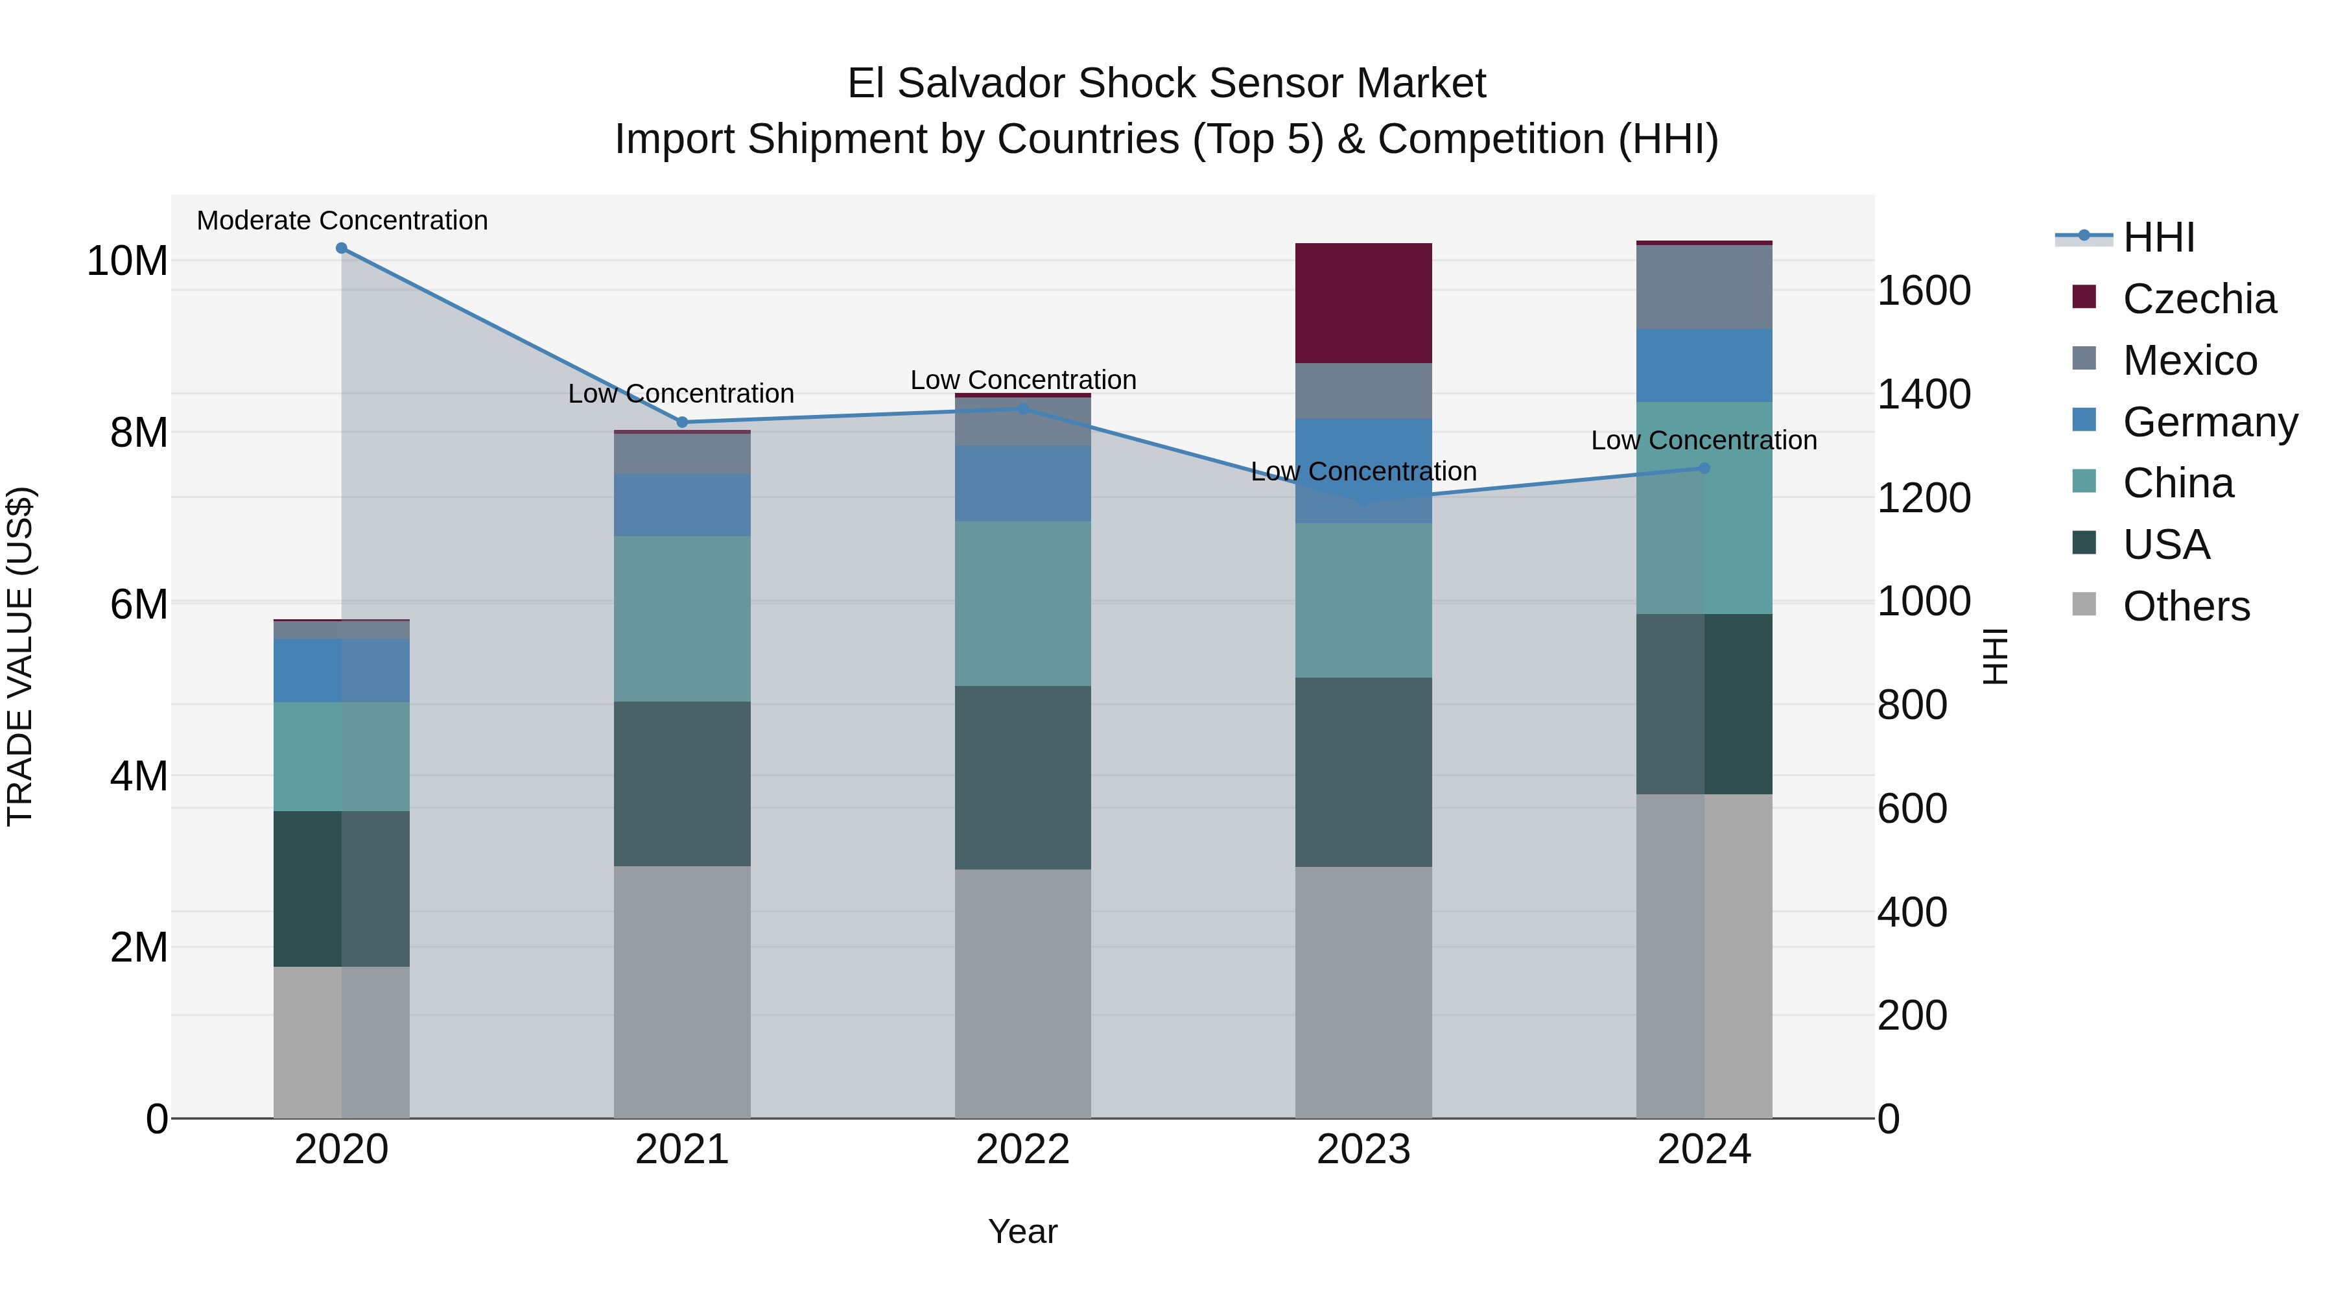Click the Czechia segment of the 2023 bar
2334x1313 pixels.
tap(1363, 303)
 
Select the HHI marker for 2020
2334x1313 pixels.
tap(342, 248)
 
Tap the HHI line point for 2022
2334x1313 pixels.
tap(1023, 408)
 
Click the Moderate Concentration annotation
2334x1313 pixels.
tap(342, 220)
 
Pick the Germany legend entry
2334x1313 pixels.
tap(2209, 422)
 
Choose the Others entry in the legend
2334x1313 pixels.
tap(2186, 606)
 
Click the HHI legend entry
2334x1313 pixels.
tap(2158, 237)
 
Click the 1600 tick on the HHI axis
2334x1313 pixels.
tap(1924, 291)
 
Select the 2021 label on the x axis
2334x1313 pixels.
tap(681, 1150)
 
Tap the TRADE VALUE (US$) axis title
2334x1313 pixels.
tap(21, 656)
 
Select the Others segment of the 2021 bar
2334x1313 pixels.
tap(681, 991)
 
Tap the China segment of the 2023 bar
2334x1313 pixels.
tap(1363, 600)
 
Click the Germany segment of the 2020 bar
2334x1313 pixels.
tap(342, 670)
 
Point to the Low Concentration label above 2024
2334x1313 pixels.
tap(1703, 440)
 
